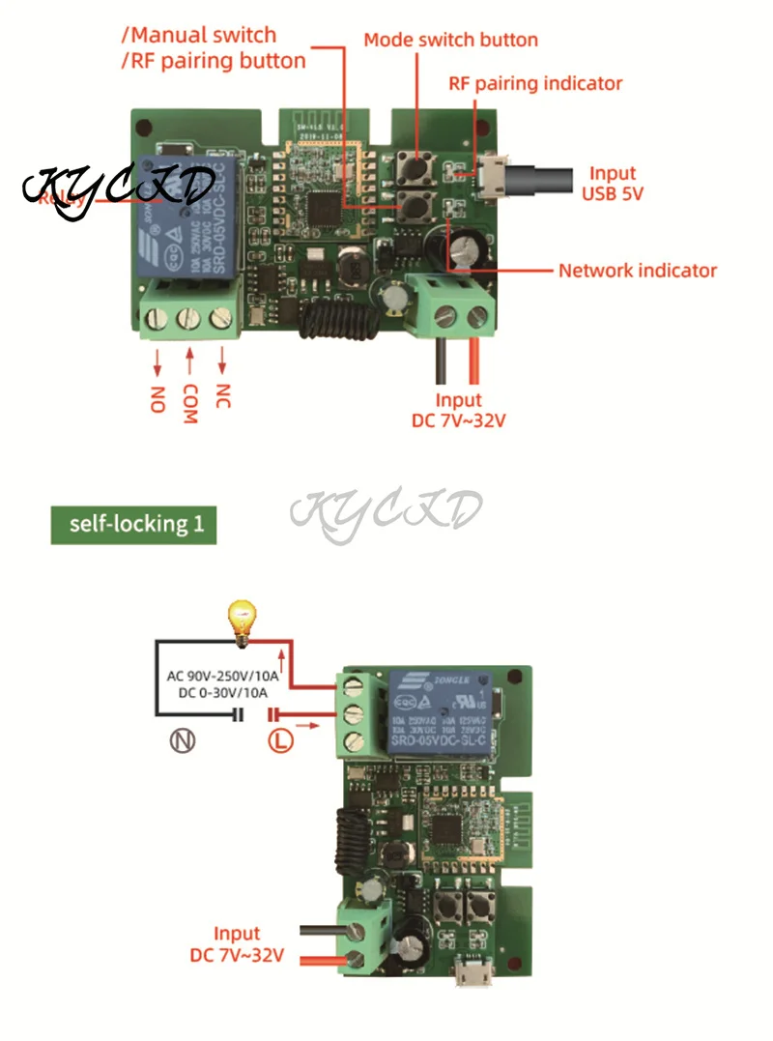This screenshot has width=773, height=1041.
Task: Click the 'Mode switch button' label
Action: [450, 40]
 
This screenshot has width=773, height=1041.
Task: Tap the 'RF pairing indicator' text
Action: [535, 83]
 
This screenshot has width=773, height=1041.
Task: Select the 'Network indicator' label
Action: [638, 270]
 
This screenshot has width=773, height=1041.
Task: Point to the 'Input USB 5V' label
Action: [613, 183]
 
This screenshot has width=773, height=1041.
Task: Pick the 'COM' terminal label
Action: [189, 402]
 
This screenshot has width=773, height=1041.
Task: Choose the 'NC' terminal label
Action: [222, 396]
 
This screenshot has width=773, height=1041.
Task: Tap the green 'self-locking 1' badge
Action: [133, 525]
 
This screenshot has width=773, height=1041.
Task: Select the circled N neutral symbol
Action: [183, 742]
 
